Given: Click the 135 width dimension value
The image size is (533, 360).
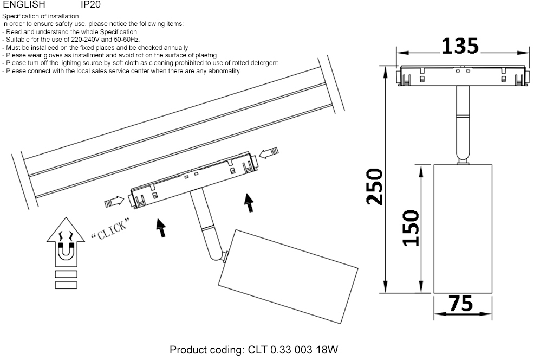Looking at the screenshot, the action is tap(460, 46).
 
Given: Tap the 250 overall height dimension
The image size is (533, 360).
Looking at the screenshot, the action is tap(375, 187).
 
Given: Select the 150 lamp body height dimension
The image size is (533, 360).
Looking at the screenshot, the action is tap(411, 228).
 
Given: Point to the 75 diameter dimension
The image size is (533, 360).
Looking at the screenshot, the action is tap(460, 304).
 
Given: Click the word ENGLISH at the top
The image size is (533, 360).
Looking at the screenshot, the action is tap(24, 4).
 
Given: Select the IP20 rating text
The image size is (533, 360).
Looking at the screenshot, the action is tap(91, 4).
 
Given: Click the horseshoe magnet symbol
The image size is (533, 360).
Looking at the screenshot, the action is tap(66, 251).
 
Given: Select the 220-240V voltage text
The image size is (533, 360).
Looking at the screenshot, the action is tap(86, 40).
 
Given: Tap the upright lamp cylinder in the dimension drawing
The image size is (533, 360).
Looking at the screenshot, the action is tap(463, 229).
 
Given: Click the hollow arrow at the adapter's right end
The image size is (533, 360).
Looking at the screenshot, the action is tap(269, 153).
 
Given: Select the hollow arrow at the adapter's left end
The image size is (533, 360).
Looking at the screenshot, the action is tap(114, 202).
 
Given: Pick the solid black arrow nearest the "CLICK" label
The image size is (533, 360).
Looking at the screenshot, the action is tap(161, 228).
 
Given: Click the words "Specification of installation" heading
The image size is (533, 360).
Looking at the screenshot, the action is tap(41, 16).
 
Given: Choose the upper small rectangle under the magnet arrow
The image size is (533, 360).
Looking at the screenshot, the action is tap(66, 274).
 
